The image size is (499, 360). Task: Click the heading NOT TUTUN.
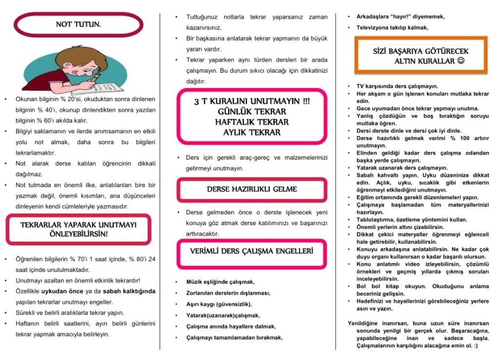[78, 24]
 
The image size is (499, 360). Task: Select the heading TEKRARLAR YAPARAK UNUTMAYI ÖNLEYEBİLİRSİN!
[78, 229]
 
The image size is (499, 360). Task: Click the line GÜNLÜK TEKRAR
[251, 112]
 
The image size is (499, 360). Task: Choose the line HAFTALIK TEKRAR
[251, 122]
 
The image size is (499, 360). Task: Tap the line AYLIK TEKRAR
[251, 132]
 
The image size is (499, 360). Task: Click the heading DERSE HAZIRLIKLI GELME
[251, 189]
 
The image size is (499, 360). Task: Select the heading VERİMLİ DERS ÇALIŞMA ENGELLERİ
[251, 251]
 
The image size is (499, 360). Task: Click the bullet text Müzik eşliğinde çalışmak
[220, 282]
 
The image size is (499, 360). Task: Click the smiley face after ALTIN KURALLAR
[461, 60]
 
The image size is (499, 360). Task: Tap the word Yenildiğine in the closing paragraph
[365, 323]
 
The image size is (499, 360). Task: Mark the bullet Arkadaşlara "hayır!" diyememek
[401, 17]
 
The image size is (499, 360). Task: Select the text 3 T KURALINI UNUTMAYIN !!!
[251, 101]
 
